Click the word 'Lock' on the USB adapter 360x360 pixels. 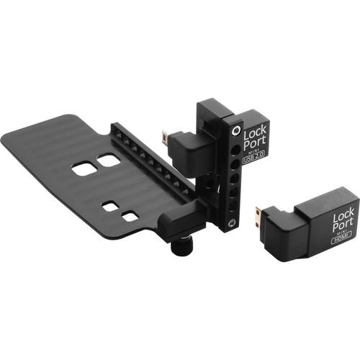[254, 133]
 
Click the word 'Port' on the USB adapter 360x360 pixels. [255, 145]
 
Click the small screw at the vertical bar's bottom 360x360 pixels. [231, 225]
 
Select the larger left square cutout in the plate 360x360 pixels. [84, 168]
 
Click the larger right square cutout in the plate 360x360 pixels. [109, 161]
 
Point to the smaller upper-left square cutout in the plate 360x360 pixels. [110, 207]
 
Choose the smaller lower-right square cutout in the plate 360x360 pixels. [130, 216]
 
